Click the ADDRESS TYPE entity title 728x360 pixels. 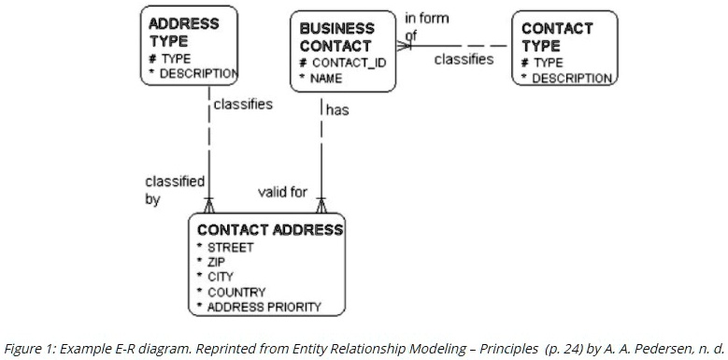click(x=184, y=32)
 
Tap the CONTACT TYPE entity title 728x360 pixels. click(x=557, y=37)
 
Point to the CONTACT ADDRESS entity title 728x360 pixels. click(x=269, y=230)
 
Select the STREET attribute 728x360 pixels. click(x=229, y=248)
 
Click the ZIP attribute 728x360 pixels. click(x=217, y=263)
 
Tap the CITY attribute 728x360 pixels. click(x=221, y=277)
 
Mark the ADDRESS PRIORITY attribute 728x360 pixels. click(x=264, y=307)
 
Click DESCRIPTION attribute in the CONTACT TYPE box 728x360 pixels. click(x=571, y=78)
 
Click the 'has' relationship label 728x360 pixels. click(x=336, y=110)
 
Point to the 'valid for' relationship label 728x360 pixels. click(x=282, y=193)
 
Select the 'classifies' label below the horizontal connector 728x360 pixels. click(x=464, y=59)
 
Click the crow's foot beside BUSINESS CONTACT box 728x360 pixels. click(x=403, y=45)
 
